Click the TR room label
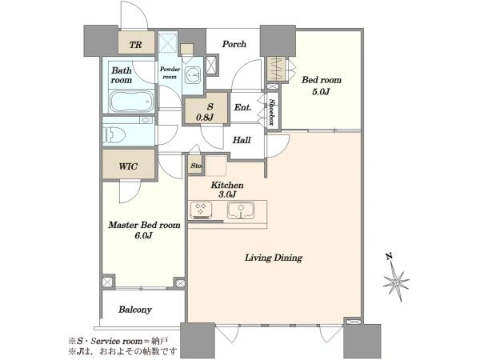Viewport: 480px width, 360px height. pos(136,45)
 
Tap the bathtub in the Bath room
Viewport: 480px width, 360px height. pos(131,102)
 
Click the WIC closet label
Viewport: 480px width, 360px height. pos(128,166)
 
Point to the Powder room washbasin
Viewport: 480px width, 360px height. pos(194,74)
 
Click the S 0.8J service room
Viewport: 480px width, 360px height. pos(206,108)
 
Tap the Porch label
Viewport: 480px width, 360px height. pos(234,44)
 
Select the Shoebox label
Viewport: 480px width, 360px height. pos(271,112)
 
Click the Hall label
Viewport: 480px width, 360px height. pos(242,140)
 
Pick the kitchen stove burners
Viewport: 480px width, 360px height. pos(201,210)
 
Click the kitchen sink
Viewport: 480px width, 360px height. pos(241,210)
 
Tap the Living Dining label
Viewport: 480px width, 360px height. pos(274,258)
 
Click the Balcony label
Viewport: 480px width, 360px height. pos(135,310)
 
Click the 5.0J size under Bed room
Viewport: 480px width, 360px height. pos(321,92)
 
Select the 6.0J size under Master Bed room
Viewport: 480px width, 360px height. pos(143,236)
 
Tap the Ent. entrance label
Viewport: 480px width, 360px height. pos(242,107)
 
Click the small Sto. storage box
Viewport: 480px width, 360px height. pos(195,166)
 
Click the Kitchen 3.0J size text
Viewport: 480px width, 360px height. pos(227,194)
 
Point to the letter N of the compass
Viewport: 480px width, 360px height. pos(389,257)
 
